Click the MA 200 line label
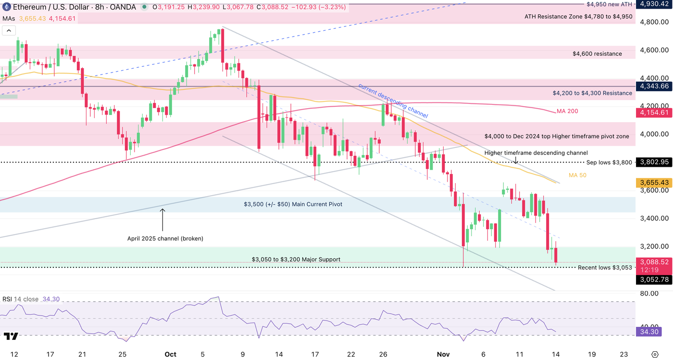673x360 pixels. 567,111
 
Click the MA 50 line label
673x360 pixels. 577,175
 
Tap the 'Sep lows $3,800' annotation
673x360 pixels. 609,162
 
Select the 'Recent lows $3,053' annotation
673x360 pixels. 605,268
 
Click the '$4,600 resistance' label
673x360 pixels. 597,54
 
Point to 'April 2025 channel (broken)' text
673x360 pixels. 165,238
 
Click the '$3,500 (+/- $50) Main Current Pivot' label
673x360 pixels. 293,204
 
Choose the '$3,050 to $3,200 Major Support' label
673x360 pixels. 296,260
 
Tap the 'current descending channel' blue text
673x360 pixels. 393,101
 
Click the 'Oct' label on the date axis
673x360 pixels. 170,354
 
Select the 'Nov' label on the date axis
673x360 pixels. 443,354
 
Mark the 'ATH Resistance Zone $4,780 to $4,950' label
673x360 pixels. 578,17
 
